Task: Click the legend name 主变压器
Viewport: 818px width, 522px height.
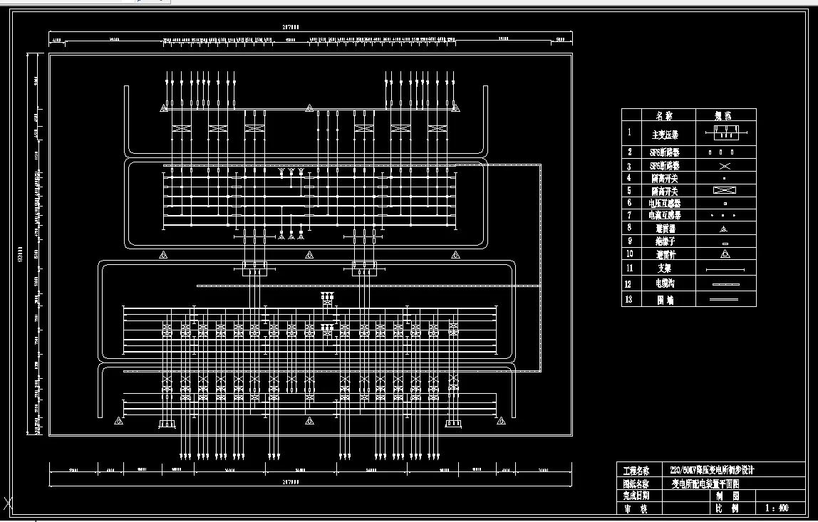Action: (x=664, y=134)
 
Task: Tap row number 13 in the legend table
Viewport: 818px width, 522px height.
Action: (x=629, y=300)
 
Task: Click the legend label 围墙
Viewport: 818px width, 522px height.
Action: (x=664, y=300)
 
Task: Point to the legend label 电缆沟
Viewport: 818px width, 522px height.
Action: (x=664, y=283)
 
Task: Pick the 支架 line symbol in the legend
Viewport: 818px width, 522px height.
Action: (x=725, y=270)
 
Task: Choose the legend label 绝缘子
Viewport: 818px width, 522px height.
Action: (x=664, y=241)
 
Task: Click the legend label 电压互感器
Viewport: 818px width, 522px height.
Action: (x=664, y=203)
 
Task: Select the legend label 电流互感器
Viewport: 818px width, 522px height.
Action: (x=664, y=215)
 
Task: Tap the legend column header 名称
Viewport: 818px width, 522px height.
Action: (x=664, y=115)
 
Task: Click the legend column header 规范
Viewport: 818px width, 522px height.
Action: (x=724, y=115)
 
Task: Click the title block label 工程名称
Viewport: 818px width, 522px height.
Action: (x=636, y=471)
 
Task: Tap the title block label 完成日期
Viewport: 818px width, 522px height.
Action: (x=636, y=496)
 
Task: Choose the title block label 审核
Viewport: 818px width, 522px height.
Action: (x=636, y=508)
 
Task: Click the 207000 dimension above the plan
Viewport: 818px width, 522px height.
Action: (x=290, y=27)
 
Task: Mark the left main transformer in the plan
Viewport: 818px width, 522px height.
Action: (x=254, y=268)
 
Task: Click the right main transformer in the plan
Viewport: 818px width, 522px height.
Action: (x=364, y=268)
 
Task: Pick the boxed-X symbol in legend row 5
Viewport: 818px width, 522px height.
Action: (x=724, y=190)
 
